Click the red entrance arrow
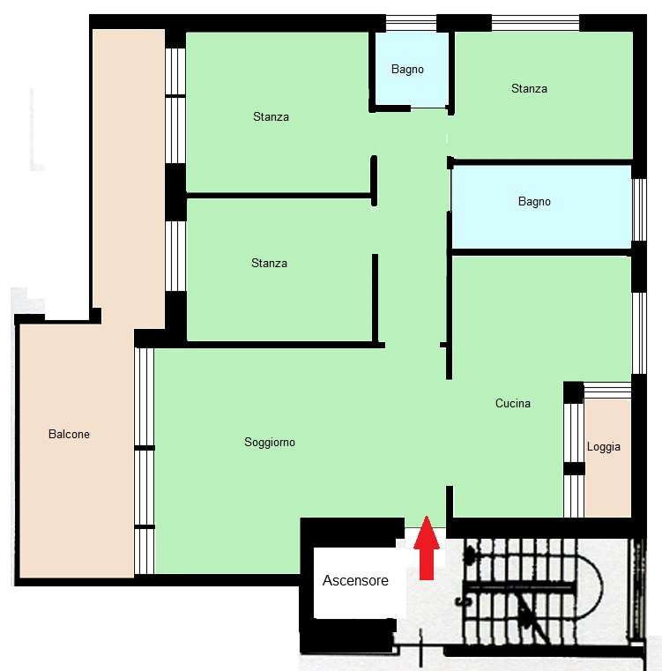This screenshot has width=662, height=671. click(x=427, y=548)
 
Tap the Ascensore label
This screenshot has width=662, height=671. click(x=355, y=580)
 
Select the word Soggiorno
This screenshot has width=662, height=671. click(x=270, y=442)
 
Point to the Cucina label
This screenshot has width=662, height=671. click(x=513, y=403)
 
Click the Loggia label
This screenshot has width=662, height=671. click(x=603, y=447)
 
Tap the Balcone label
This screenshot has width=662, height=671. click(x=69, y=434)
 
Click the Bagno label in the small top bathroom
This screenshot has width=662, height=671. click(x=407, y=70)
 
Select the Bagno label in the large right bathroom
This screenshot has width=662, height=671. click(x=534, y=202)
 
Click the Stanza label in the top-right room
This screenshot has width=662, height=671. click(x=529, y=88)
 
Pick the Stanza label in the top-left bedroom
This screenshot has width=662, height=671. click(x=271, y=116)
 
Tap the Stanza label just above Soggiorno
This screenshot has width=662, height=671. click(x=269, y=263)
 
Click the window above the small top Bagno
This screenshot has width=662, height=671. click(x=411, y=23)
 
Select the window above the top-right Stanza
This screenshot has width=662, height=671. click(x=535, y=23)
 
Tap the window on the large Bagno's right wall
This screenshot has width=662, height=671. click(x=639, y=210)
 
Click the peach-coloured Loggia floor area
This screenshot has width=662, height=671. click(x=607, y=458)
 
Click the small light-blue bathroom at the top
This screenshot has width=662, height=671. click(x=412, y=69)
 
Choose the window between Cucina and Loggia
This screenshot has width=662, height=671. click(x=574, y=460)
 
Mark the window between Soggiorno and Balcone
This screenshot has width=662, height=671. click(x=145, y=460)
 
